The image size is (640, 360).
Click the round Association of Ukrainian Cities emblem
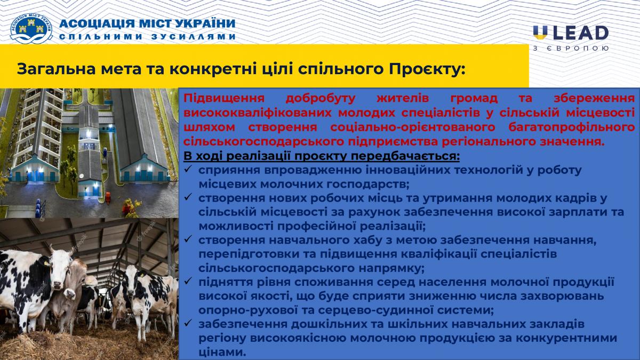click(x=31, y=29)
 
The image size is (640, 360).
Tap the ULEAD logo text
click(x=571, y=33)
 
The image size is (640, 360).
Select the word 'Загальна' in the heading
click(x=56, y=69)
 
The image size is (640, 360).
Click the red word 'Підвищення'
click(x=224, y=98)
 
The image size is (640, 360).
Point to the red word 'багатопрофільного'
click(x=571, y=127)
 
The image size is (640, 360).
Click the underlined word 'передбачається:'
click(x=405, y=156)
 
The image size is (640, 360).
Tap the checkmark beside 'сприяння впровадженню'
click(x=188, y=169)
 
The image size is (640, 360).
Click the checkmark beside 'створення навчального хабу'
click(x=188, y=239)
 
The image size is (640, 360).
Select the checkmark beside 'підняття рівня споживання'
click(x=188, y=281)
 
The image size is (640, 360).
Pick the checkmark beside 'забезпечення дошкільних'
click(x=188, y=323)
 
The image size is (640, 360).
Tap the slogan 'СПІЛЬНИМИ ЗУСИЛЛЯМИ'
click(x=147, y=37)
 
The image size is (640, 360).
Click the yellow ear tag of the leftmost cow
click(x=46, y=262)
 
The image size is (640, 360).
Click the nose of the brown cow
click(x=69, y=293)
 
